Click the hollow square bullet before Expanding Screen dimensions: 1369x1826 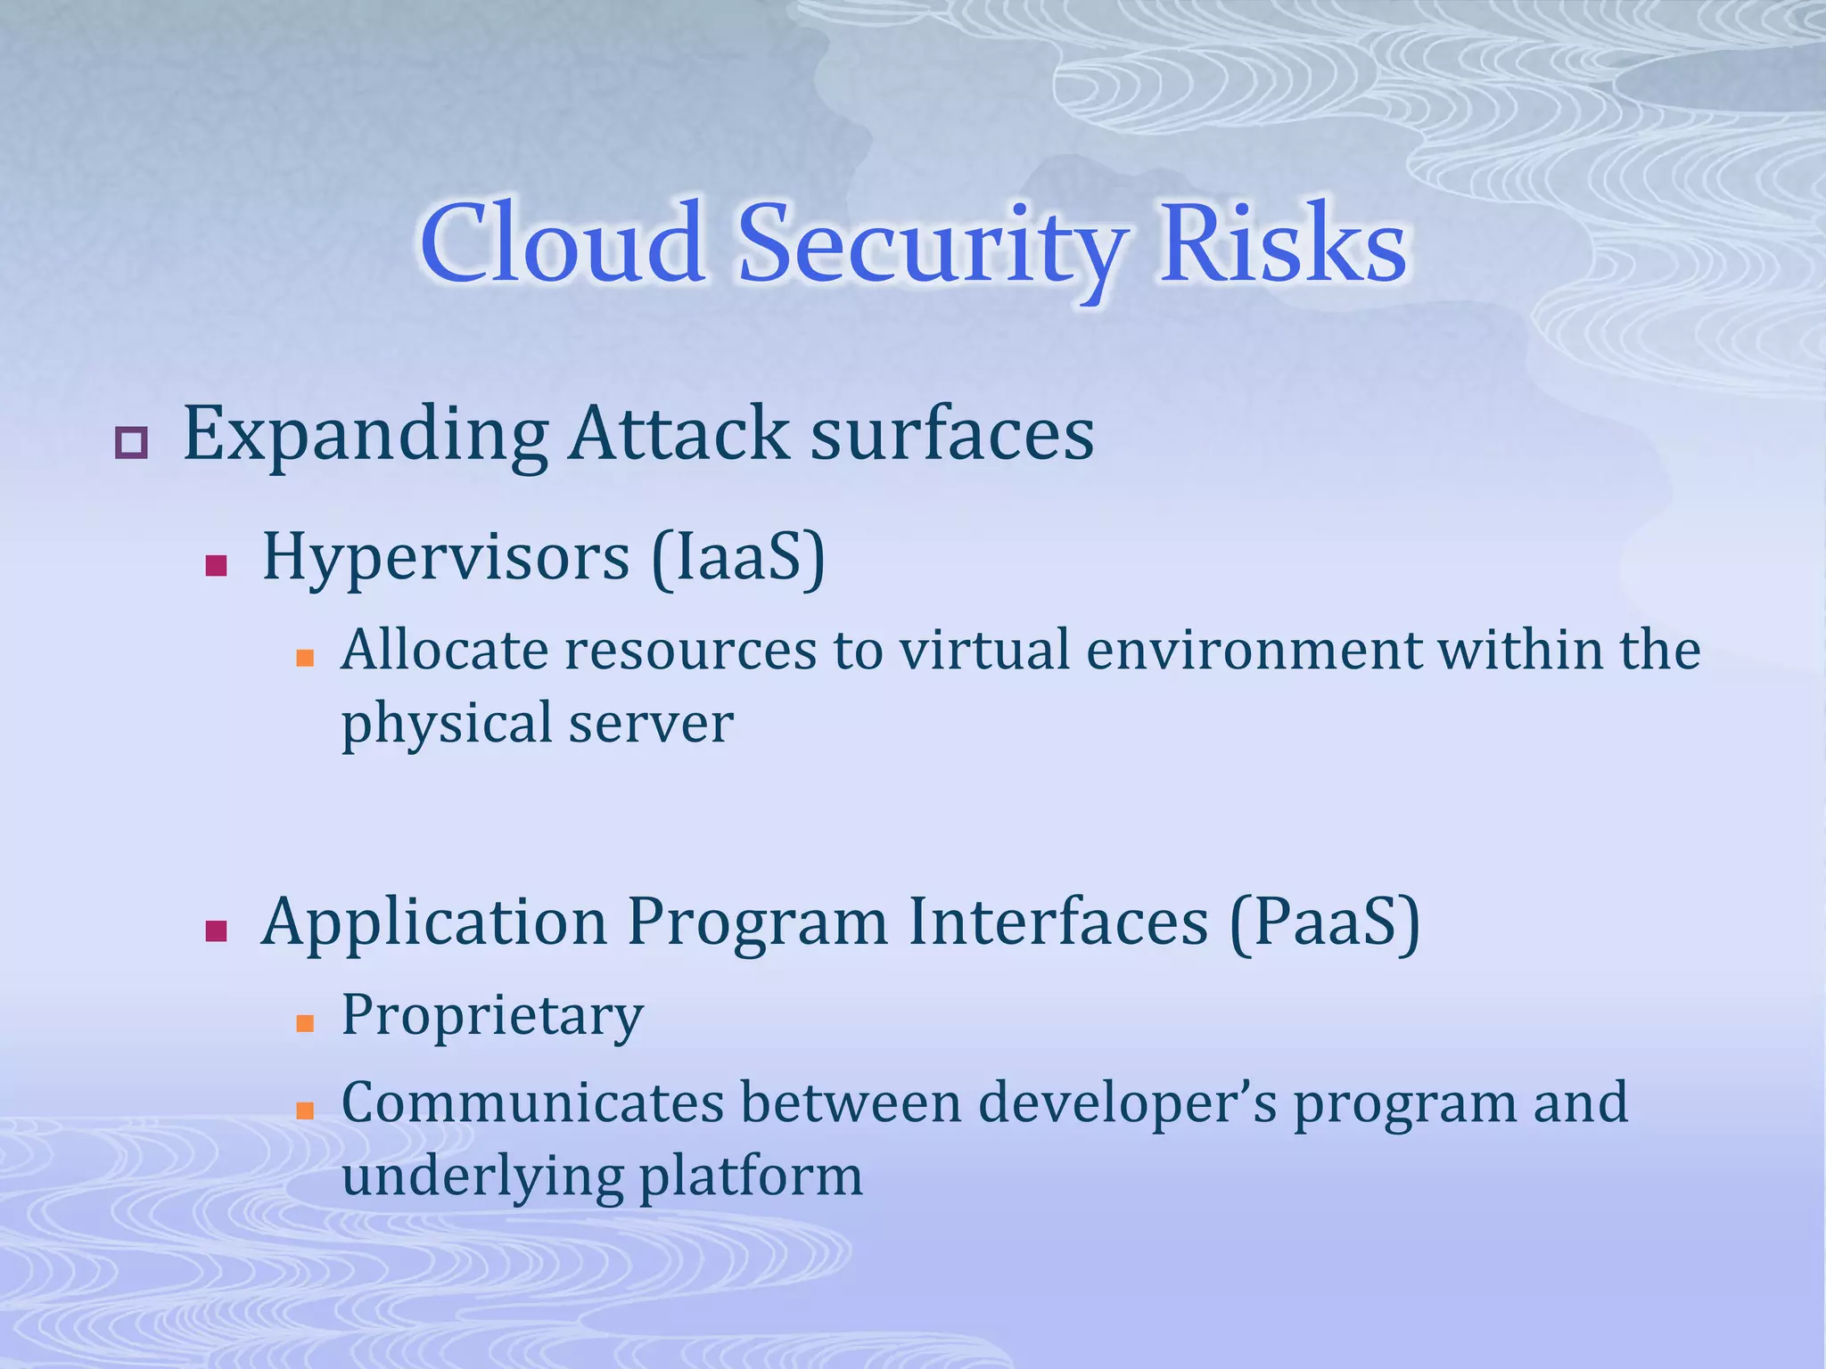click(131, 442)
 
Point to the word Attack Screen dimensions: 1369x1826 click(679, 434)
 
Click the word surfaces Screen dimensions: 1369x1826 click(951, 434)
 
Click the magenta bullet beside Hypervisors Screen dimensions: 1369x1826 click(216, 566)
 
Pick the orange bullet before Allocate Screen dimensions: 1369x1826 click(305, 659)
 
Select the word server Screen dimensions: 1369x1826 click(651, 723)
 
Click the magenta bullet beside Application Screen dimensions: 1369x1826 click(216, 931)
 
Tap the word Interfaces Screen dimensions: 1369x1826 click(1057, 922)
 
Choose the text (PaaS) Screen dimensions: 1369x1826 click(1324, 922)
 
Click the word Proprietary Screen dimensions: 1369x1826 click(492, 1016)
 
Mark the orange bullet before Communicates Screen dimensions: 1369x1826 click(305, 1111)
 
